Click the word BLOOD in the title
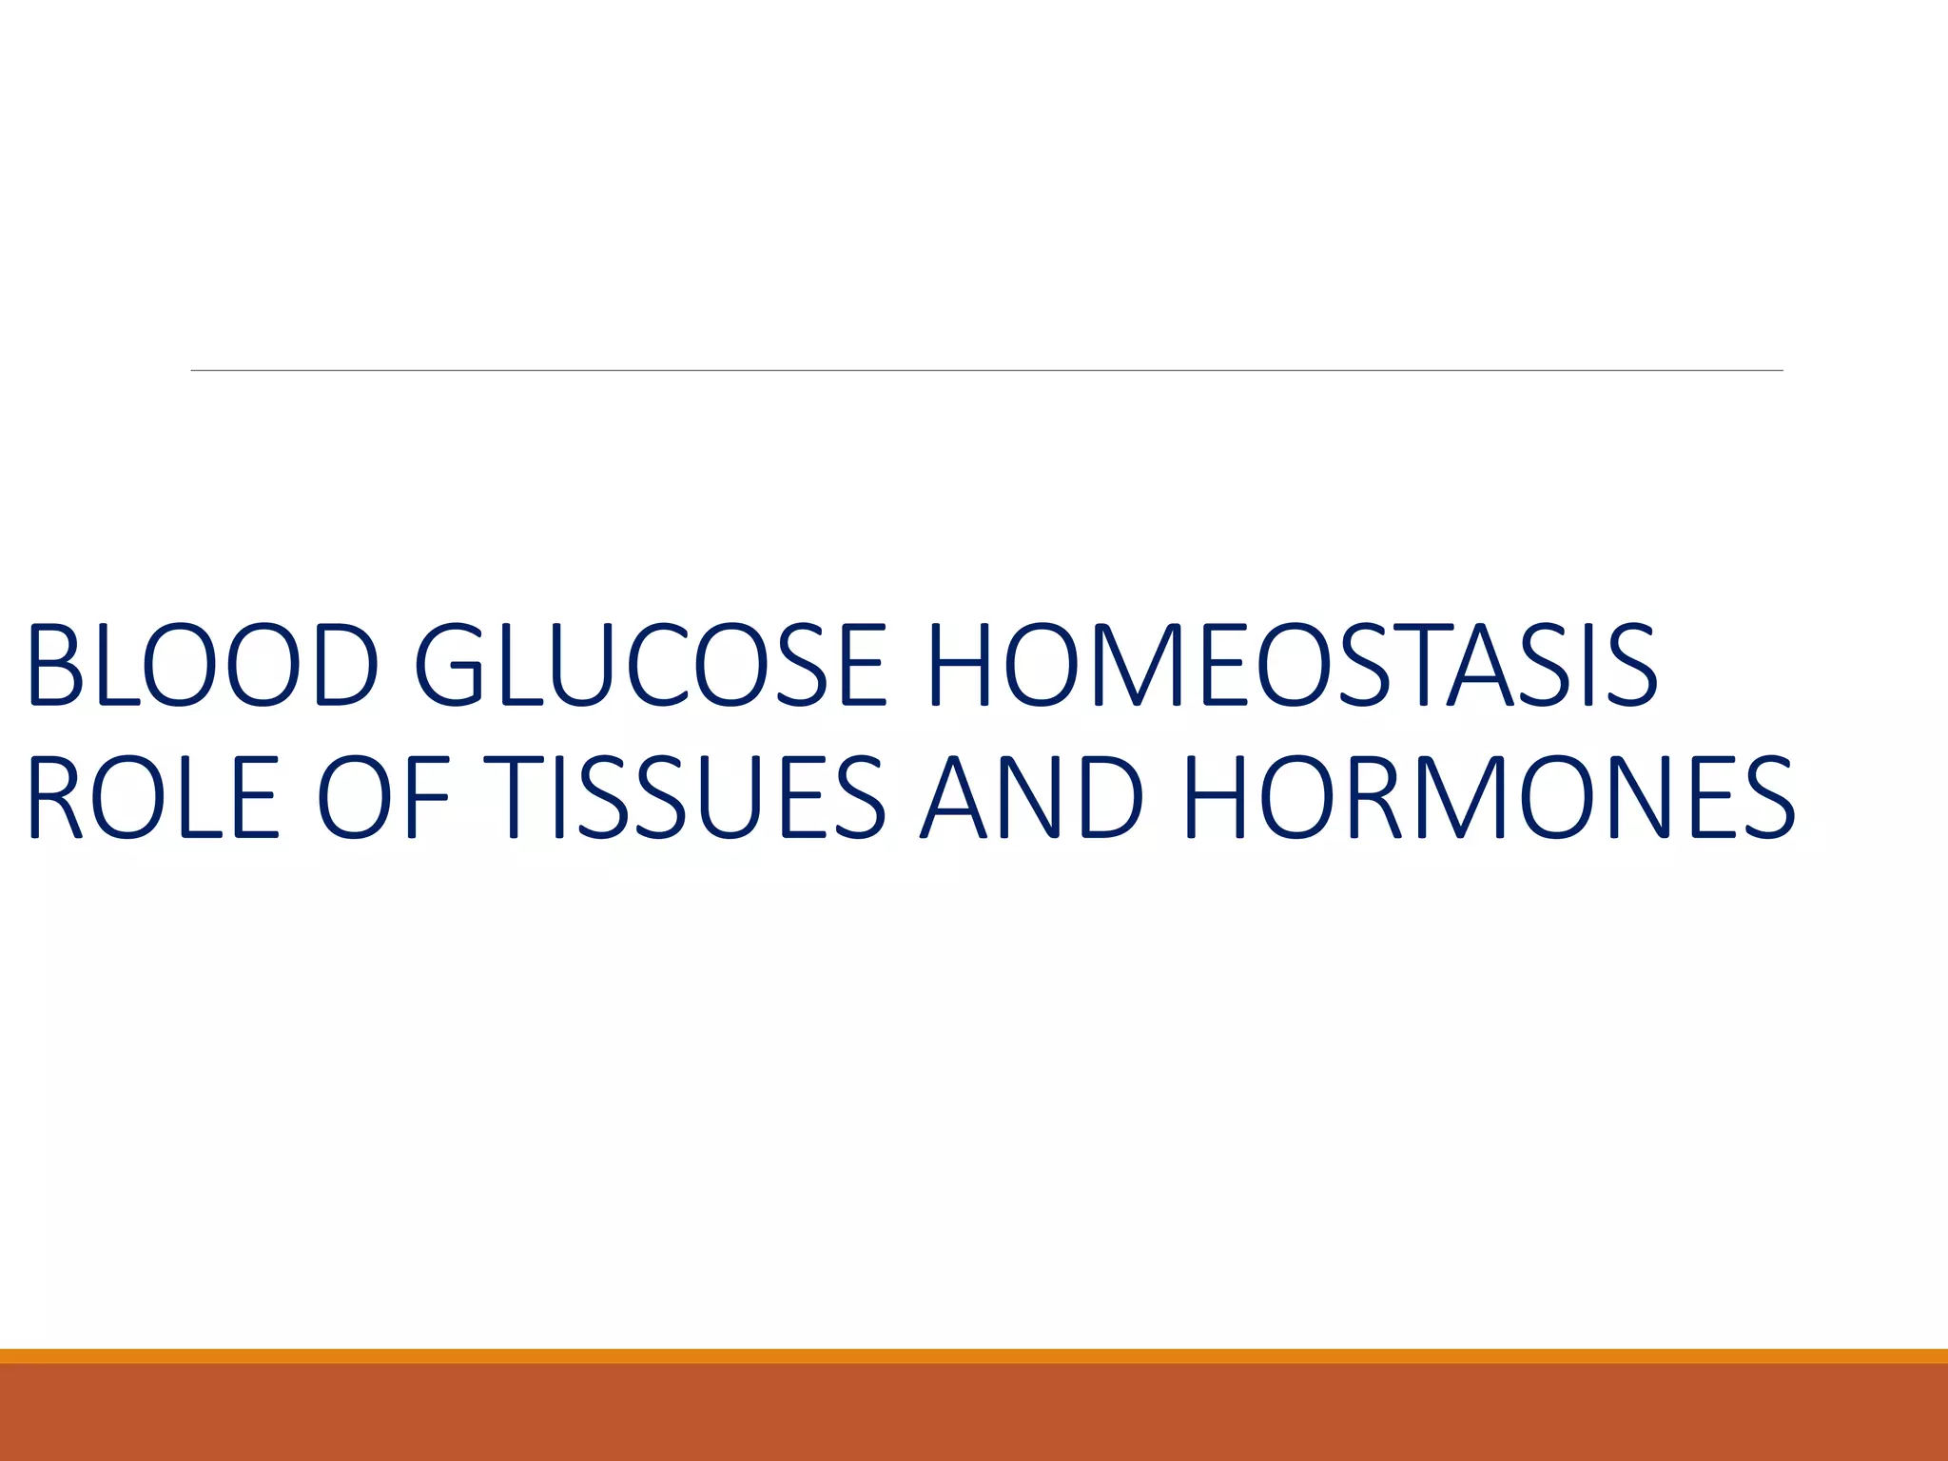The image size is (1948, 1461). (203, 665)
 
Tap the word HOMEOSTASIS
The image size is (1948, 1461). (1292, 665)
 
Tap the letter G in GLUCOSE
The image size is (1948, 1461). (447, 665)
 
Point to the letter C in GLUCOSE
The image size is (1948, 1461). (656, 665)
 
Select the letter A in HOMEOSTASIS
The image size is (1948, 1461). (1480, 665)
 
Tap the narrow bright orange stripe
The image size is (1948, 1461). (974, 1355)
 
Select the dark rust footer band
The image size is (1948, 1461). (974, 1413)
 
